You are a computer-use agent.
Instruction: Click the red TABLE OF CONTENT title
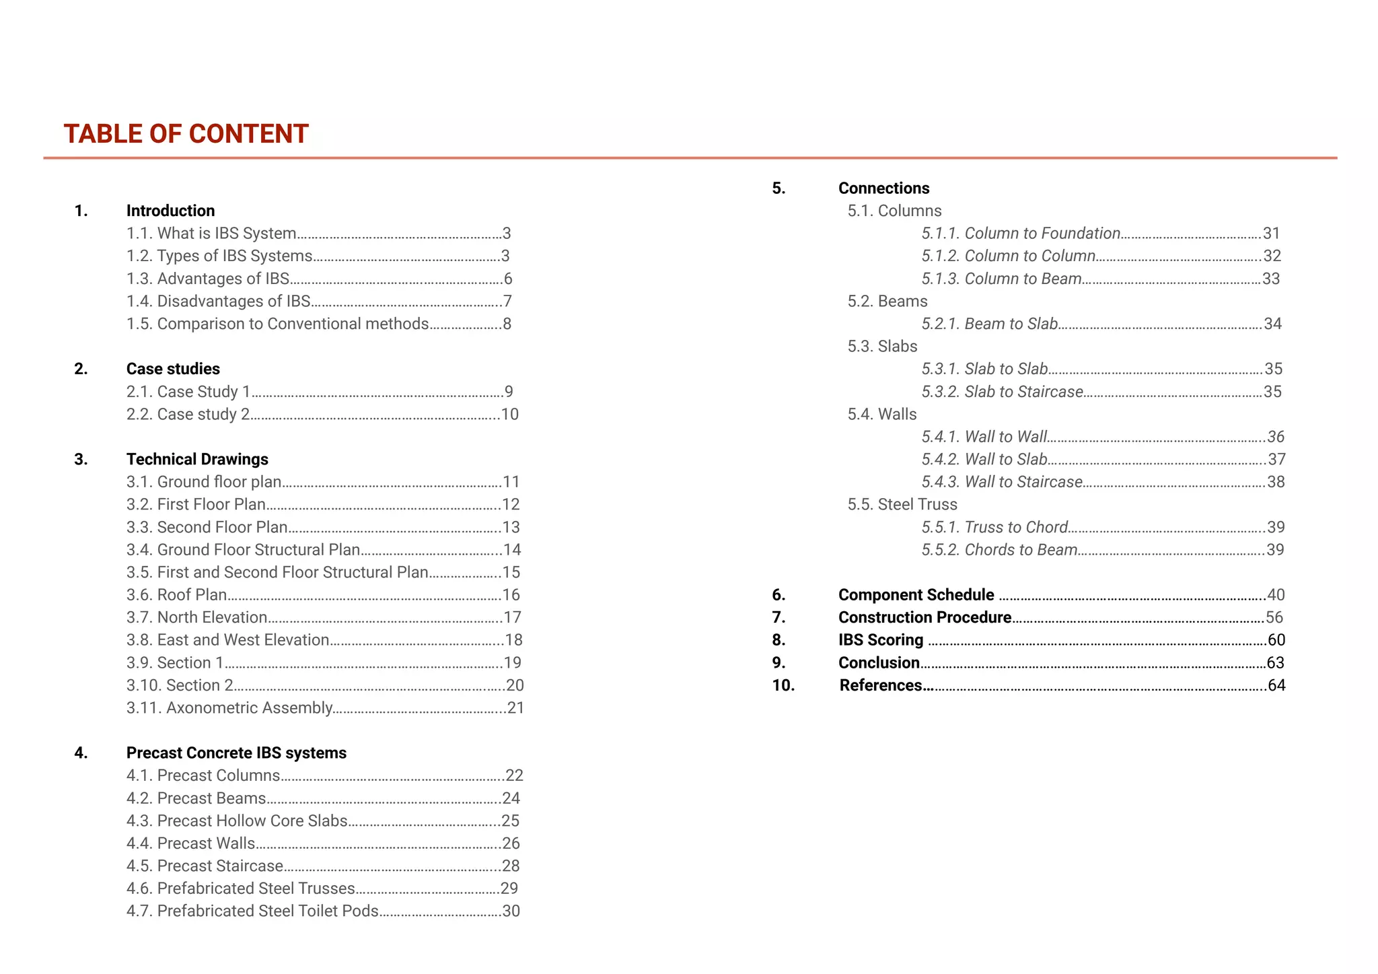tap(186, 134)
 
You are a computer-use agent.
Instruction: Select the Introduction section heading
tap(170, 211)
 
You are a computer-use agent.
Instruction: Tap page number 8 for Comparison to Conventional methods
tap(507, 324)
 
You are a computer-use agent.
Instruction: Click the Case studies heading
tap(173, 369)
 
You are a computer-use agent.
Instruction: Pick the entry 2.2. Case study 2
tap(188, 414)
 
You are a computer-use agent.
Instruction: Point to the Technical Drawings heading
tap(197, 459)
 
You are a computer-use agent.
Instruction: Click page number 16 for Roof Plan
tap(511, 595)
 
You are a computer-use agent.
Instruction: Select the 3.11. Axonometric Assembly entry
tap(229, 708)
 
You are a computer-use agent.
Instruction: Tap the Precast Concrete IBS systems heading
tap(236, 753)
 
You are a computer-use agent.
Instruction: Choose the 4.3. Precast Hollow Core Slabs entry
tap(237, 821)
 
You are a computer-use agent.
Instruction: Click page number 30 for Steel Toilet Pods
tap(511, 911)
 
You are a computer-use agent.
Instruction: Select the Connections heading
tap(883, 188)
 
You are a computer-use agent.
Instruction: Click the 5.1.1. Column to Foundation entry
tap(1021, 234)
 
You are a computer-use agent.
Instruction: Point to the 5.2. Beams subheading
tap(887, 302)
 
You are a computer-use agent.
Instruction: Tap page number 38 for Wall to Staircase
tap(1276, 482)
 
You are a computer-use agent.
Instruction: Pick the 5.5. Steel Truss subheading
tap(902, 505)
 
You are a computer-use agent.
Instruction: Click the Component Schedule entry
tap(916, 595)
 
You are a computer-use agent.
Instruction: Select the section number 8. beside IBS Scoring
tap(778, 640)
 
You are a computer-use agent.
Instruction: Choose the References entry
tap(881, 685)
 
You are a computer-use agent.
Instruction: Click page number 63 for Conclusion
tap(1275, 663)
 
